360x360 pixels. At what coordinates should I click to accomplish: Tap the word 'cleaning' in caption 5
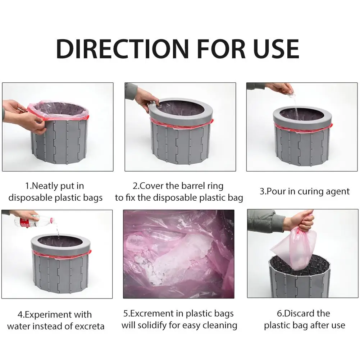click(x=218, y=325)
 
